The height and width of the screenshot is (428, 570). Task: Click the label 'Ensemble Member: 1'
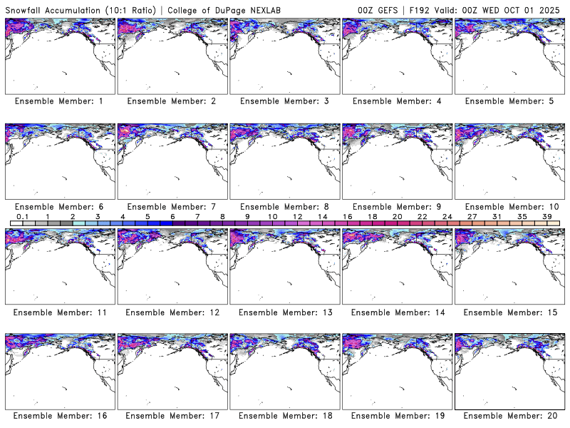59,101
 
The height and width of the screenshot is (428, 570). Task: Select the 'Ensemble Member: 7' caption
172,206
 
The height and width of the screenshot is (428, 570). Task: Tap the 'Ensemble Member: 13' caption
284,311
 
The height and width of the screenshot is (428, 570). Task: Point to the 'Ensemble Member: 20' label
509,416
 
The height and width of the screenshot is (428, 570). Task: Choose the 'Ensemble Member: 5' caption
509,101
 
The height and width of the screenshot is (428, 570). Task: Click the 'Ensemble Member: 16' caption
59,416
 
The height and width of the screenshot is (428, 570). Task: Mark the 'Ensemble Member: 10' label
509,206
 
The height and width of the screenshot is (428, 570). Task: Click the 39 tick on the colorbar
547,216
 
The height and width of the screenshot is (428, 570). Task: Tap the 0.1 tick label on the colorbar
22,216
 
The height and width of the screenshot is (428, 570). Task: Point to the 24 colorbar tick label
447,216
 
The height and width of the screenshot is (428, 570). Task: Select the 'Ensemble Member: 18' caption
284,416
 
